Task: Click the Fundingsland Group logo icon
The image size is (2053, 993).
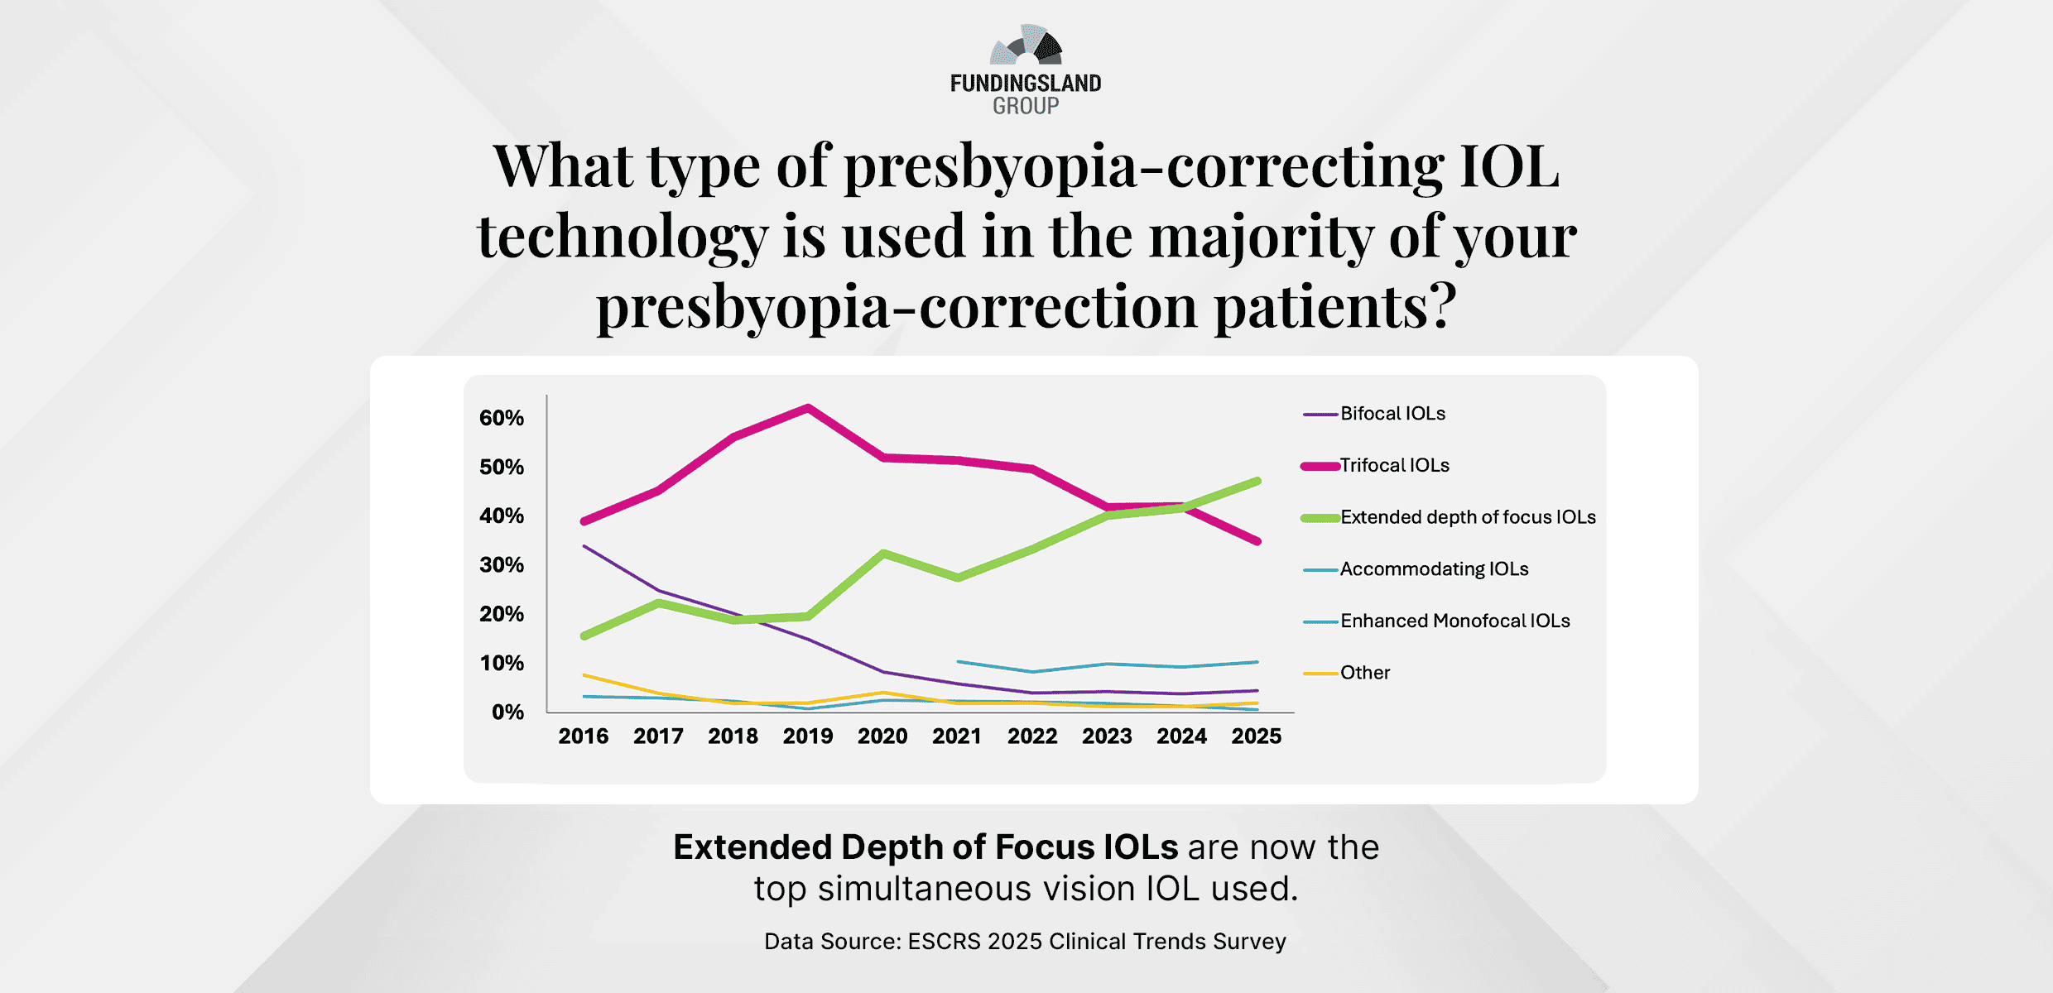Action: click(1026, 46)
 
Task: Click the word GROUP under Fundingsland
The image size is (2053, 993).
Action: click(1026, 106)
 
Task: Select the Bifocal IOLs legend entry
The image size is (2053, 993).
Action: click(1392, 414)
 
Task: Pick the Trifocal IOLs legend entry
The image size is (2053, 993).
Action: click(1394, 466)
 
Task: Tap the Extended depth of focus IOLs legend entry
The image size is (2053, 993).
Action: click(1467, 517)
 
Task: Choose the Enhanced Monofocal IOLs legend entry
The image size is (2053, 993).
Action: click(1454, 621)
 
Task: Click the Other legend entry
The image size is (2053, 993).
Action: click(1364, 673)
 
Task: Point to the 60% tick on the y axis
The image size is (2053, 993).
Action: click(502, 418)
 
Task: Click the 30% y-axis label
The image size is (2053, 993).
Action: click(502, 565)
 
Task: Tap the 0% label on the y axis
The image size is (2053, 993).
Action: click(507, 712)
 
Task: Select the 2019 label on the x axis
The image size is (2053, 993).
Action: click(808, 736)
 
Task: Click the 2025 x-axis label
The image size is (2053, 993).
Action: click(1256, 736)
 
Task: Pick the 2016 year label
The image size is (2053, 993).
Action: click(583, 736)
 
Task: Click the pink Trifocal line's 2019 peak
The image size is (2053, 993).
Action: click(808, 407)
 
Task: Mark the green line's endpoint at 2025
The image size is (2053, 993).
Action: click(1257, 481)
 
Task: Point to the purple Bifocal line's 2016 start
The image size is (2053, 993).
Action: click(584, 546)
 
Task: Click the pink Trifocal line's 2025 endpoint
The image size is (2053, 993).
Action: click(1257, 541)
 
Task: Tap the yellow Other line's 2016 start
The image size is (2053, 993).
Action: click(584, 675)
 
